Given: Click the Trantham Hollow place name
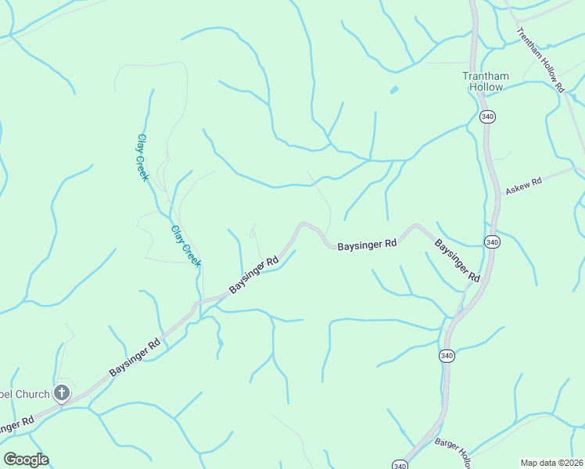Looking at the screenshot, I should click(485, 81).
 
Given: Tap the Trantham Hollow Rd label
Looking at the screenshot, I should click(540, 60).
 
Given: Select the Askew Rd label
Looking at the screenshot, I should click(523, 186).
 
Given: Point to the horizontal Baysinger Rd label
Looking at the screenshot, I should click(367, 245).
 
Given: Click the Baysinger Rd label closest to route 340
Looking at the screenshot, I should click(458, 260).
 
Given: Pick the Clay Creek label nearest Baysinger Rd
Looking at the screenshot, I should click(186, 245).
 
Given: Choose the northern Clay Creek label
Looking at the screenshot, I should click(142, 157).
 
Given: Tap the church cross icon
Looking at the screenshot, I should click(62, 394).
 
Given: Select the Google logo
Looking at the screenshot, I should click(26, 460).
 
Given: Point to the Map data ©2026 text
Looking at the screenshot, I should click(552, 463).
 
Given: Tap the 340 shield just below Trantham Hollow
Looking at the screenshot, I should click(487, 116).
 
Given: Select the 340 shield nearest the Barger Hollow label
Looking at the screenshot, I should click(400, 464).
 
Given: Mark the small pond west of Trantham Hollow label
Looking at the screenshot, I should click(394, 90).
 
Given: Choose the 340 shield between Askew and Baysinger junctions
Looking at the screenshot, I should click(491, 242).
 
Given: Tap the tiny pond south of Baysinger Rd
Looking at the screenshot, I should click(220, 342).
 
